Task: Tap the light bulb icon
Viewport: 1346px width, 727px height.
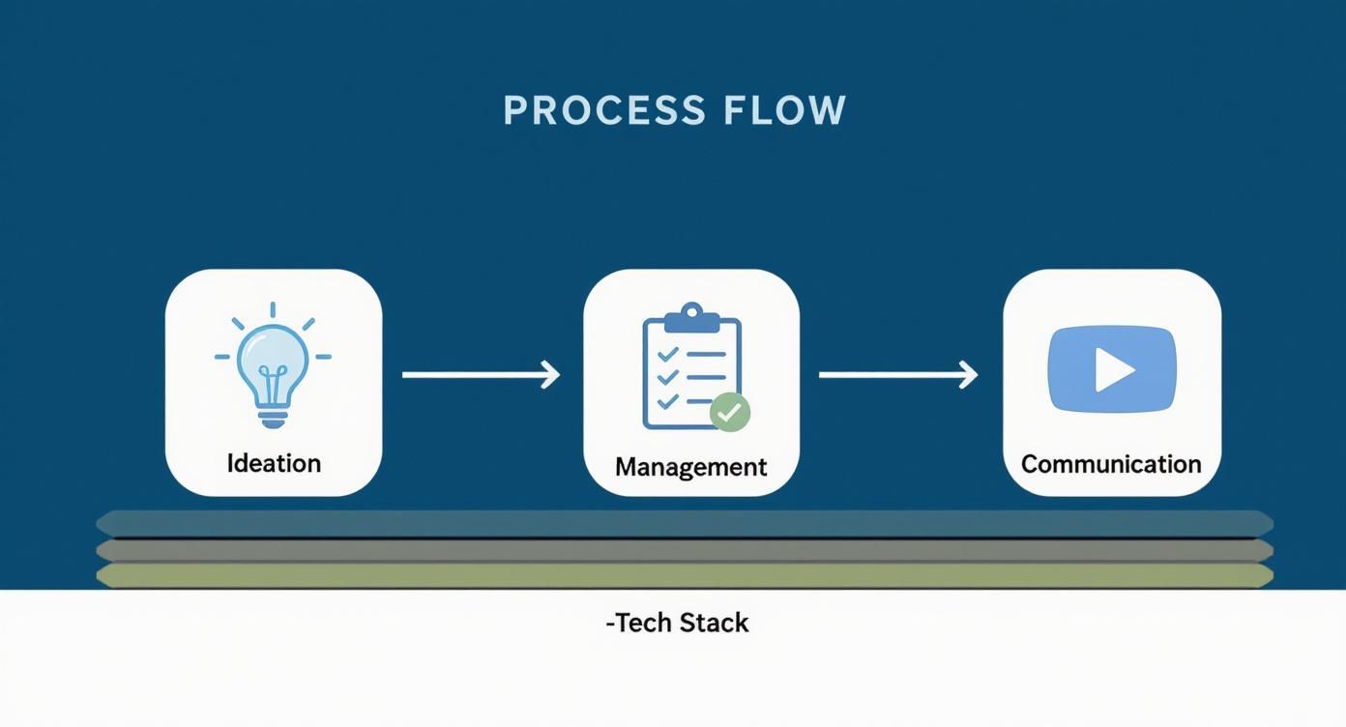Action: tap(273, 365)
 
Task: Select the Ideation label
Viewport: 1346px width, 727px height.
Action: tap(274, 463)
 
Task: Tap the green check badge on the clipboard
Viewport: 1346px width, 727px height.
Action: tap(730, 413)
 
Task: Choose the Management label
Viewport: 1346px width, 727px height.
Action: tap(690, 467)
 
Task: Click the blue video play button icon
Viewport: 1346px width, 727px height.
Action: tap(1112, 368)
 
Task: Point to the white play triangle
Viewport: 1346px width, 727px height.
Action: tap(1113, 369)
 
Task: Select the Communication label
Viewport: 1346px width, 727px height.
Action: tap(1111, 464)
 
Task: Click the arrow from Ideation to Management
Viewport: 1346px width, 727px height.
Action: tap(481, 374)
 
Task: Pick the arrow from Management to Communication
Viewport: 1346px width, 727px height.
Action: tap(897, 374)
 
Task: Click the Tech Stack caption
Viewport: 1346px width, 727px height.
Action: tap(677, 623)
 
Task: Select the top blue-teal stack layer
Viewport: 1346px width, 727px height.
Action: tap(685, 523)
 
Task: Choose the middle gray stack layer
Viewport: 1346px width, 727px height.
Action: tap(685, 550)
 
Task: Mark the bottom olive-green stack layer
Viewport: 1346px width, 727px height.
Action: tap(685, 576)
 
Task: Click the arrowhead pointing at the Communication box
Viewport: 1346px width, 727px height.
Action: tap(969, 374)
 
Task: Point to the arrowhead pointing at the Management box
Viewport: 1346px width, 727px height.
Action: tap(551, 374)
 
